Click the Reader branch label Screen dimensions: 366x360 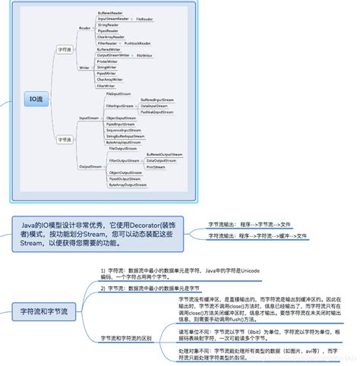click(x=85, y=28)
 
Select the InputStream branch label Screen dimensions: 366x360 click(x=90, y=118)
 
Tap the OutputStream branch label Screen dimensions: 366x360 click(x=90, y=166)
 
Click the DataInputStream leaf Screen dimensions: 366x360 click(x=156, y=106)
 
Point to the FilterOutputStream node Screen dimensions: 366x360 click(x=124, y=161)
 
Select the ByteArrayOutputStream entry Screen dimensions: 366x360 click(x=126, y=185)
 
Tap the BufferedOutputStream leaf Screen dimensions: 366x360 click(x=164, y=154)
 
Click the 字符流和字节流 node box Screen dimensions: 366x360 click(x=44, y=311)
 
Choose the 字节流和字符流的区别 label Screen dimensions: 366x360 click(x=127, y=336)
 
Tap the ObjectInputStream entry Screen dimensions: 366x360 click(x=121, y=118)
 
